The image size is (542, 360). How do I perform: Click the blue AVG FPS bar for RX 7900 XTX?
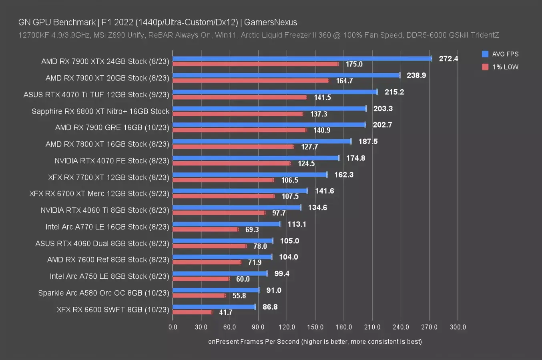point(302,58)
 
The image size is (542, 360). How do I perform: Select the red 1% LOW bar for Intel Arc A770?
point(205,229)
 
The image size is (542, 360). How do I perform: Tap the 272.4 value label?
point(448,58)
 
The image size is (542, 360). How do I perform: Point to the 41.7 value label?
point(226,312)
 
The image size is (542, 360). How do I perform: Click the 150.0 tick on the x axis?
point(315,327)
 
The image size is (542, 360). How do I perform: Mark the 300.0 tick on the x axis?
point(458,327)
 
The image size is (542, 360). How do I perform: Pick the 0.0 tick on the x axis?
point(173,327)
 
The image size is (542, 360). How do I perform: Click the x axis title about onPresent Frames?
point(315,342)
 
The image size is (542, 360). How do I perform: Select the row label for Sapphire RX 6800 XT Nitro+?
point(100,111)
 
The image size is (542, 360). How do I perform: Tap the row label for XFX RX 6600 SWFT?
point(113,309)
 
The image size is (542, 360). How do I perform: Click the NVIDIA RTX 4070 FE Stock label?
point(112,161)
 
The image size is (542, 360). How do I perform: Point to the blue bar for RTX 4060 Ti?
point(237,207)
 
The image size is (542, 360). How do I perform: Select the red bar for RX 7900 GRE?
point(239,130)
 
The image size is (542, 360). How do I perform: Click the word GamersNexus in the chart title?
point(271,22)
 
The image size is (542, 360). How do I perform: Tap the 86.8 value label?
point(270,307)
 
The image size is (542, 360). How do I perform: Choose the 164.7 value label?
point(344,81)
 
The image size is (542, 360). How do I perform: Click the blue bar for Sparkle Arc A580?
point(216,290)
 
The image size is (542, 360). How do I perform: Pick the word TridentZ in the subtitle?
point(485,35)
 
